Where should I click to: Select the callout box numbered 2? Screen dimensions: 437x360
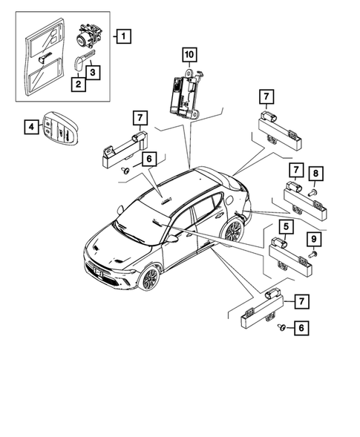(76, 85)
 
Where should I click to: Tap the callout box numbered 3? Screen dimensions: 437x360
(92, 72)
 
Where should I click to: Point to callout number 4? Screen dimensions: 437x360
(31, 128)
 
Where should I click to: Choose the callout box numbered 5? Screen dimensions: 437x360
(284, 225)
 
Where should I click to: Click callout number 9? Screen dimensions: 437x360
(314, 239)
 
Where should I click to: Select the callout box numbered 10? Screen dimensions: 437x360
(189, 54)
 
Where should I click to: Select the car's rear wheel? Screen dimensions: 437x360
(233, 230)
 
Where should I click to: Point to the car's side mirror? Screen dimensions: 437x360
(172, 240)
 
